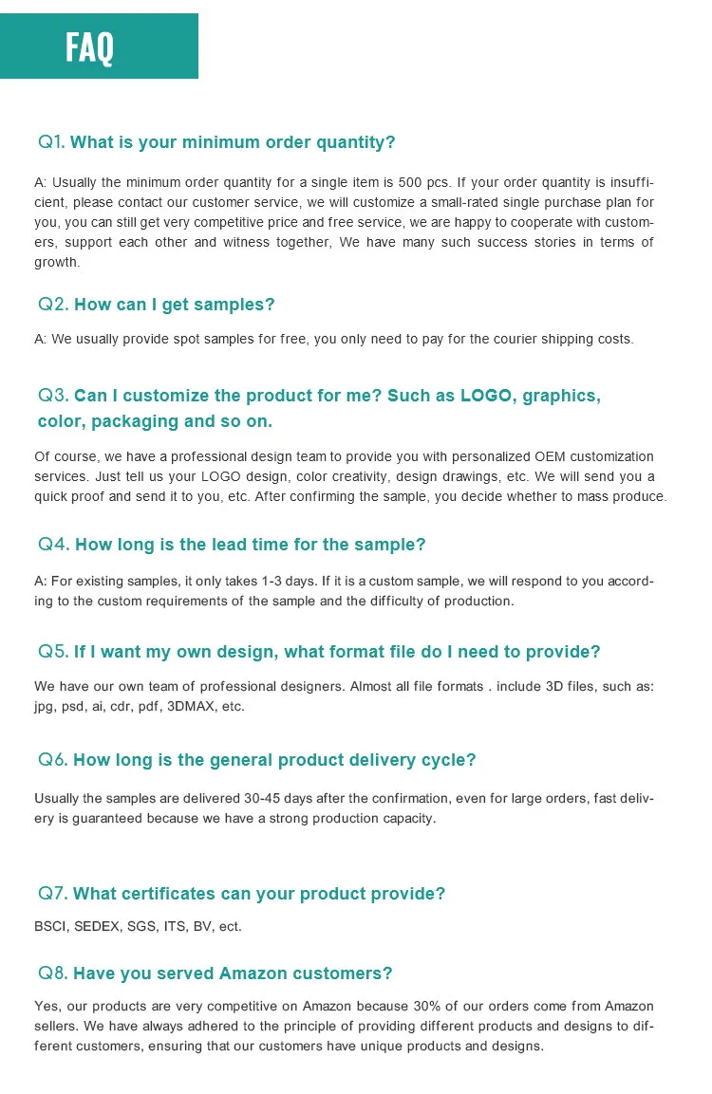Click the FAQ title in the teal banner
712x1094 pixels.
click(90, 46)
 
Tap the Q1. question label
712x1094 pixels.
click(51, 142)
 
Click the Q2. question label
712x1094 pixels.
click(53, 305)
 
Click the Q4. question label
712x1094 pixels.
click(53, 545)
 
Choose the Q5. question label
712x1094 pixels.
click(53, 652)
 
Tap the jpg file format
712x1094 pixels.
click(45, 707)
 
